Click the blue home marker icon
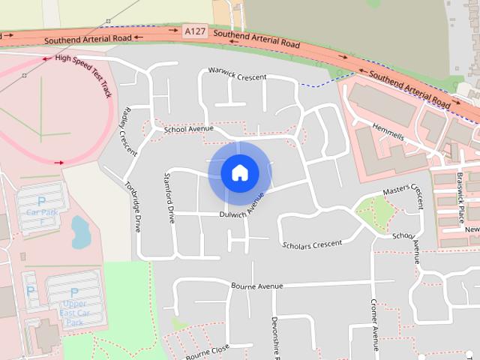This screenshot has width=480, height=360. click(x=240, y=173)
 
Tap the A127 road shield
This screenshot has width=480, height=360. click(x=193, y=31)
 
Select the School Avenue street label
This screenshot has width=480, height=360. click(x=189, y=129)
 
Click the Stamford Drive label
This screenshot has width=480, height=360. click(x=170, y=198)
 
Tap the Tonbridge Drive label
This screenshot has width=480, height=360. click(x=133, y=206)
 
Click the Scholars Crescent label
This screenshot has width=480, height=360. click(x=312, y=244)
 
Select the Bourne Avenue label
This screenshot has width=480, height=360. click(x=257, y=286)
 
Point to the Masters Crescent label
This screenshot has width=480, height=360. click(x=403, y=193)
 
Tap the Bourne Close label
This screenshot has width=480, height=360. click(x=207, y=351)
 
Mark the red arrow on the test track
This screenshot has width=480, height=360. click(x=60, y=161)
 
